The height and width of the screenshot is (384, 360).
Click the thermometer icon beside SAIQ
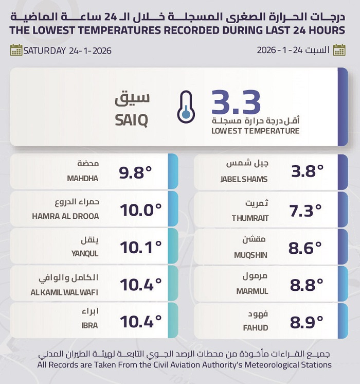(185, 107)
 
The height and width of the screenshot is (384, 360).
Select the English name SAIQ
(131, 121)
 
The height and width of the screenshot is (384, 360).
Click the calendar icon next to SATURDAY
(16, 50)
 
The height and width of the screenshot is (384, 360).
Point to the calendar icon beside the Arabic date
(339, 50)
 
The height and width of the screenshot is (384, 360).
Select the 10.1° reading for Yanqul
(140, 248)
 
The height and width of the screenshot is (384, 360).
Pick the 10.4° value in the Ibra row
(140, 322)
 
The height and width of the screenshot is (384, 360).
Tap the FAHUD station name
(256, 326)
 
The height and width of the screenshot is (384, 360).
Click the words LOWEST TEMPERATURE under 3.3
(255, 131)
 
